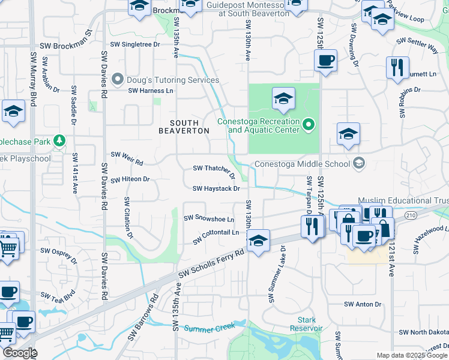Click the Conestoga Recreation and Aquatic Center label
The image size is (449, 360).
point(258,125)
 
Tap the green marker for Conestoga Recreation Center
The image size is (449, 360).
point(309,125)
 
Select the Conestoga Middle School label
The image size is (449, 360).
point(302,164)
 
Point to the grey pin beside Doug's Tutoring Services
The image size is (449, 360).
point(118,79)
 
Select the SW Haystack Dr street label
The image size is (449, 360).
point(216,188)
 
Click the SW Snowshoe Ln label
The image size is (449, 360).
point(208,218)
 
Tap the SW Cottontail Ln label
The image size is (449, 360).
point(216,236)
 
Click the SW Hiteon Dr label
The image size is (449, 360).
point(131,179)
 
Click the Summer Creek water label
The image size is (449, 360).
point(207,328)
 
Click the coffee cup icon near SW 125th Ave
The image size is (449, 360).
point(325,61)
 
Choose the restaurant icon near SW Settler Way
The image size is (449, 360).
point(397,68)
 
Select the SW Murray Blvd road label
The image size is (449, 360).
point(34,78)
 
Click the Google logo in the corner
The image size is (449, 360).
point(19,353)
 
